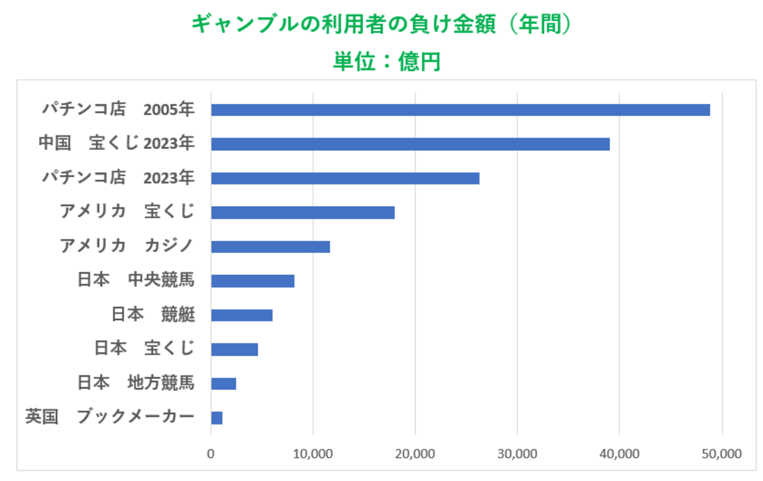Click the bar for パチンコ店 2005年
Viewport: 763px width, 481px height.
[460, 110]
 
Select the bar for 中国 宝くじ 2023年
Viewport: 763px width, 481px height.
[410, 144]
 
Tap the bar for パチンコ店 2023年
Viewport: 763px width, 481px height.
[345, 178]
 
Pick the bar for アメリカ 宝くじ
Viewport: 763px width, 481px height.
[303, 212]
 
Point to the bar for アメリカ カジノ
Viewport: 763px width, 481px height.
[271, 247]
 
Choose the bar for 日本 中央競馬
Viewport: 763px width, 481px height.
[252, 281]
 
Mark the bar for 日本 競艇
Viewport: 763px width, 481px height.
[242, 315]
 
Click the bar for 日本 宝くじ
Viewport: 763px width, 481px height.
[234, 349]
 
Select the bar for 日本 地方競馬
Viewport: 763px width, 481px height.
[224, 384]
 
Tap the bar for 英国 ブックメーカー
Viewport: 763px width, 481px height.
[217, 418]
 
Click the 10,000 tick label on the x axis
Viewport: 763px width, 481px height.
[313, 454]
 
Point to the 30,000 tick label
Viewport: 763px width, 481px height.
[517, 454]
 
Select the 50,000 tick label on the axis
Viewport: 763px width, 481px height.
[721, 454]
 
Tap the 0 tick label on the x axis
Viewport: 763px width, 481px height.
[211, 454]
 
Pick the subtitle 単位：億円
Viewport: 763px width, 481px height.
[386, 61]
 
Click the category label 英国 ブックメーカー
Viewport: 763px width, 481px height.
[110, 417]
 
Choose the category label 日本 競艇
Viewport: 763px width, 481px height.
[153, 315]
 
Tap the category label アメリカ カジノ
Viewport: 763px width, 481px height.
[127, 246]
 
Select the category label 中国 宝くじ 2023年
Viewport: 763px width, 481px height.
[116, 143]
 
